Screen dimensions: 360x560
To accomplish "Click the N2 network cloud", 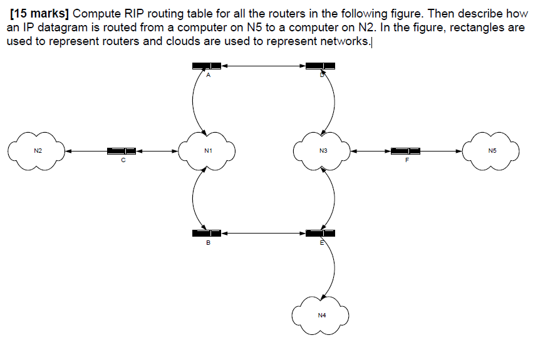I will coord(37,150).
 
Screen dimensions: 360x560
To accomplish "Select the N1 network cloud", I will coord(207,150).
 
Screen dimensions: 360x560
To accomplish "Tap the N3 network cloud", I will coord(323,150).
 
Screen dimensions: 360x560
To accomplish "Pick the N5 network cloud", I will coord(491,150).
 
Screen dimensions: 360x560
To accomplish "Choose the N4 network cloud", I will coord(321,314).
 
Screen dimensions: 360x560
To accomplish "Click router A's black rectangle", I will coord(207,66).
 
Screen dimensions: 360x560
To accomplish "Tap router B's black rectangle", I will coord(207,234).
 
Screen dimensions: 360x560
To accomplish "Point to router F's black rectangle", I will coord(405,151).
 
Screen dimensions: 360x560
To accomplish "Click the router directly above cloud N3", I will coord(320,66).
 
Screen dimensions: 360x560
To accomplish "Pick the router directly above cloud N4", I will coord(320,234).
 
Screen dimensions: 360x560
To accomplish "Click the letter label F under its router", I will coord(407,161).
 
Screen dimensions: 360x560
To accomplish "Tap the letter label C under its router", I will coord(123,161).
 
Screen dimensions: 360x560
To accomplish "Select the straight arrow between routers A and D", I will coord(263,65).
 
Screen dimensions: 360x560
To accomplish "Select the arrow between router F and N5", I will coord(441,151).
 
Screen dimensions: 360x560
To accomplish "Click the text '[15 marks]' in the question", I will coord(39,13).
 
